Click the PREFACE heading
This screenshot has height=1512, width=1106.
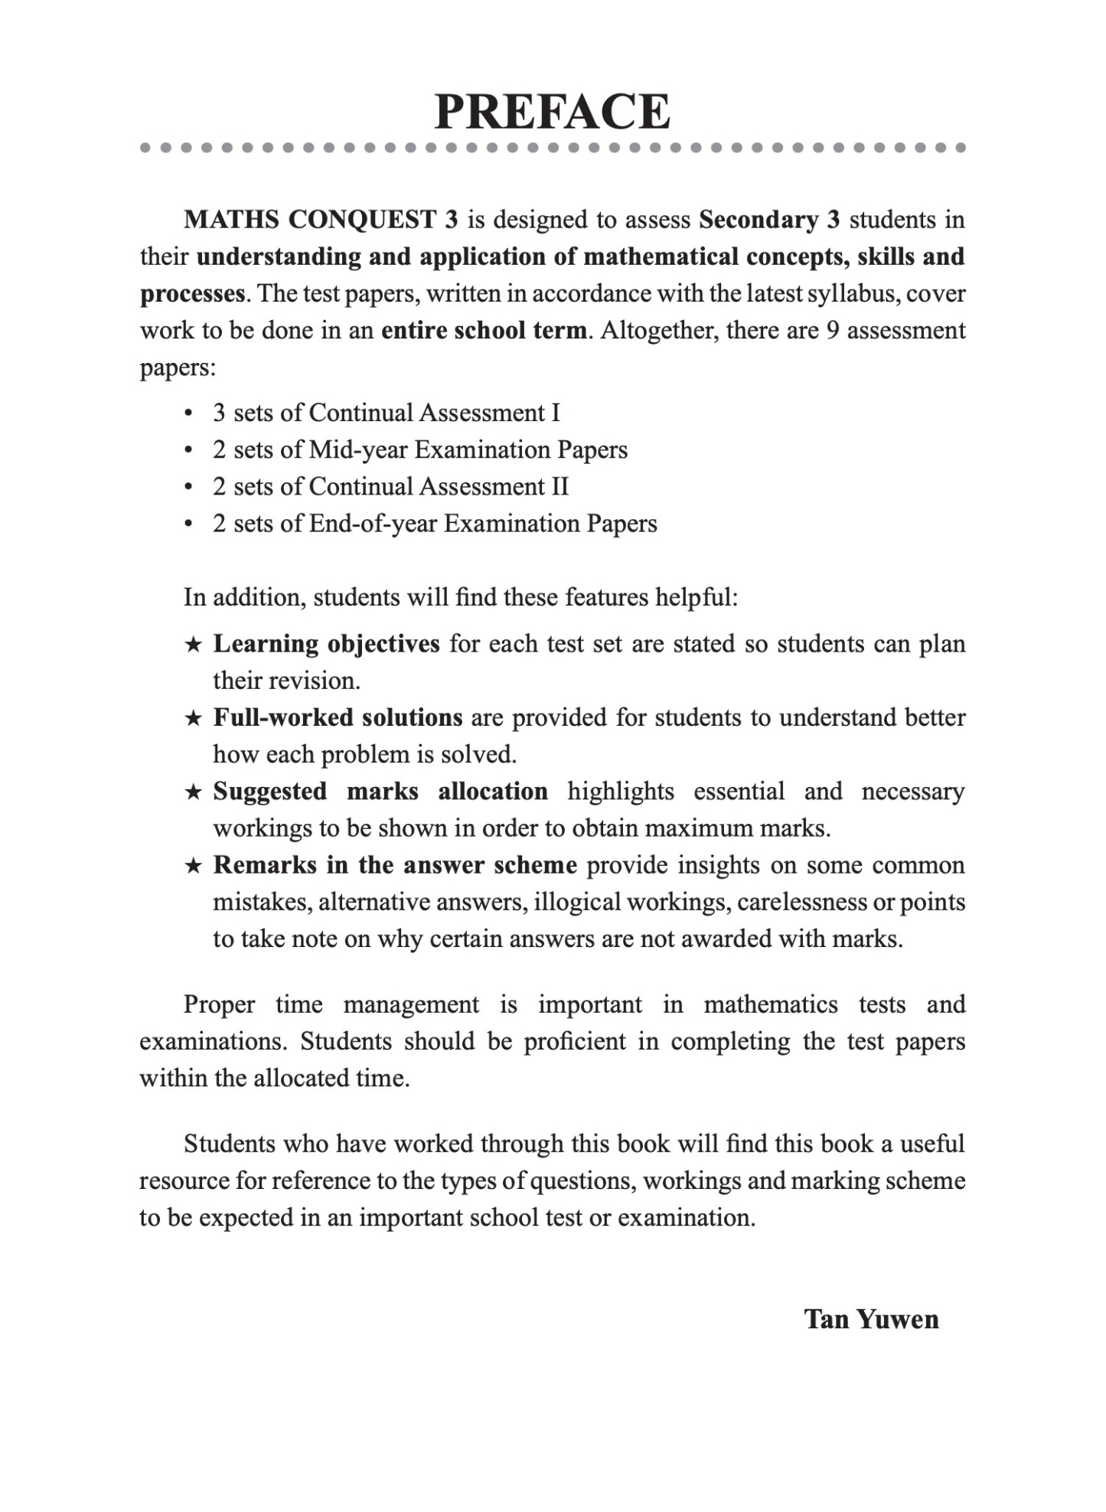pos(552,112)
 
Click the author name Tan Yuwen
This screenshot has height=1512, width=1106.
pos(871,1319)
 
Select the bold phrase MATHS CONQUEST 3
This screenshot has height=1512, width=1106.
pos(321,220)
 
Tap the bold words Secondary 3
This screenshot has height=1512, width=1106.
pos(769,220)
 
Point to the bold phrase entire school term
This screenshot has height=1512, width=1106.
pos(484,331)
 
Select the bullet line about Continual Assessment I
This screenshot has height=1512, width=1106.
pos(386,413)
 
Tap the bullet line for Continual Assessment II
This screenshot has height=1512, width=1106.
pos(390,486)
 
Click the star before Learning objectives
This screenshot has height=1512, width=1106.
pos(194,645)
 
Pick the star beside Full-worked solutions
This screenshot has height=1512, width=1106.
pos(194,718)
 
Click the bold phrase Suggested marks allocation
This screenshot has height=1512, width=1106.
pos(380,791)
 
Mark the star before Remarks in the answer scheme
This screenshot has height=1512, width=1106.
pos(194,866)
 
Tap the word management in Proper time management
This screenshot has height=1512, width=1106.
pos(411,1004)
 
